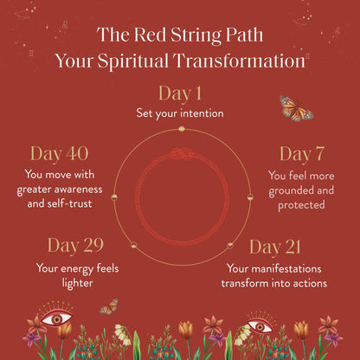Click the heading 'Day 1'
(180, 93)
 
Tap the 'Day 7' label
(301, 154)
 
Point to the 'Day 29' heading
(75, 247)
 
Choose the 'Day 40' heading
(59, 154)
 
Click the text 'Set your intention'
(180, 113)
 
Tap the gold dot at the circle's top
(182, 129)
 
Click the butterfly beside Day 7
(295, 108)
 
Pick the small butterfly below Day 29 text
(108, 306)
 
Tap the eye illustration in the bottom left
(57, 318)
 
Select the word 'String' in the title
(193, 35)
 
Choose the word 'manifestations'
(290, 268)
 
